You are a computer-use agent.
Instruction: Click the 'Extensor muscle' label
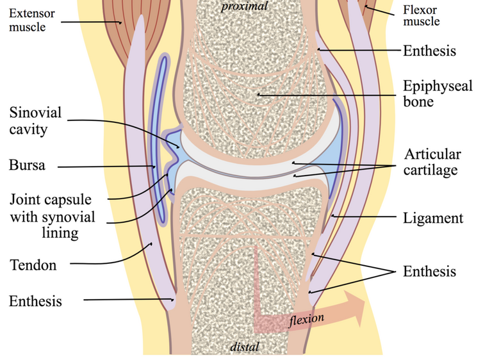(31, 20)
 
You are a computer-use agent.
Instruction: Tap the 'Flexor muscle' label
(421, 15)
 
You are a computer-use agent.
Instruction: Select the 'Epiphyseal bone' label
(438, 94)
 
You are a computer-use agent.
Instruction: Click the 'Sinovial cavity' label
(35, 121)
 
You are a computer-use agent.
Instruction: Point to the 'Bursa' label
(27, 165)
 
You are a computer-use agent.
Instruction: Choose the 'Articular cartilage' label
(432, 162)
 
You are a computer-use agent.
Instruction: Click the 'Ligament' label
(432, 218)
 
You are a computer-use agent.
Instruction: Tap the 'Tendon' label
(33, 265)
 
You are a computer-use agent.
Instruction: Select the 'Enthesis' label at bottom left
(35, 300)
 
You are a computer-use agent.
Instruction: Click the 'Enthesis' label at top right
(429, 50)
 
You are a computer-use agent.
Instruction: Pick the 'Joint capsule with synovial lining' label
(51, 216)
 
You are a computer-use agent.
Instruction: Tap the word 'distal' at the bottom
(245, 347)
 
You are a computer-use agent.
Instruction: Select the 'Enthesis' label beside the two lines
(429, 272)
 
